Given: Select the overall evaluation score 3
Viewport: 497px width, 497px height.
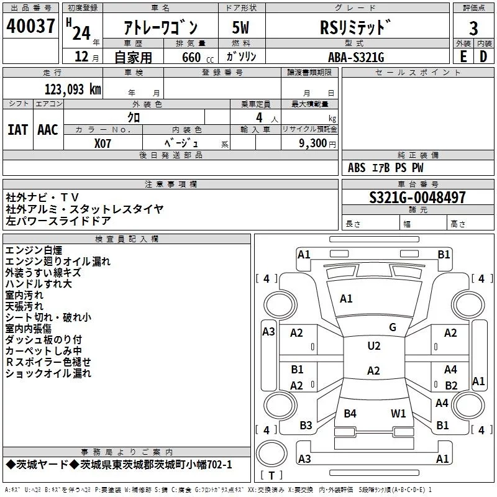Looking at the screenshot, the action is coord(473,28).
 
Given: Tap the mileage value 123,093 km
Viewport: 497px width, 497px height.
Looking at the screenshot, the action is coord(73,89).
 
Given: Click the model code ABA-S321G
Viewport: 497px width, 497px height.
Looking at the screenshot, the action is coord(356,57).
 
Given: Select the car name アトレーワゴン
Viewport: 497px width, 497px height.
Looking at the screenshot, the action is coord(160,28).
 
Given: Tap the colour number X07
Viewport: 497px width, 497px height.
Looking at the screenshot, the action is coord(103,143).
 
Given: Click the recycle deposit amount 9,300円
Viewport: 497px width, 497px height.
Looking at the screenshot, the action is coord(317,143).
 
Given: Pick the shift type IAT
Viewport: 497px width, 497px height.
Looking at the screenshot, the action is coord(18,129).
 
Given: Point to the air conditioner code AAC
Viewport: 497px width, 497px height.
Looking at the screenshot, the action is coord(48,129).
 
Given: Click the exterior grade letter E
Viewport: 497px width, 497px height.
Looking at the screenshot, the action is coord(463,57).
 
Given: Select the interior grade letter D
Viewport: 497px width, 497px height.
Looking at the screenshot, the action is coord(483,57).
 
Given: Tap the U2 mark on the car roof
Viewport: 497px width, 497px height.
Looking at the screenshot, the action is coord(373,346).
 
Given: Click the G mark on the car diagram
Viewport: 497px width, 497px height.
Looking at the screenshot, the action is coord(392,327).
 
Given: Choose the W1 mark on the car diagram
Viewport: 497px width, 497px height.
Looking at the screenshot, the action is coord(398,413).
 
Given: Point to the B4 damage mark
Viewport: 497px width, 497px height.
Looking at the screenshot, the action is coord(350,413).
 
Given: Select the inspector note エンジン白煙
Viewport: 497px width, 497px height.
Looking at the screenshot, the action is coord(34,250).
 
